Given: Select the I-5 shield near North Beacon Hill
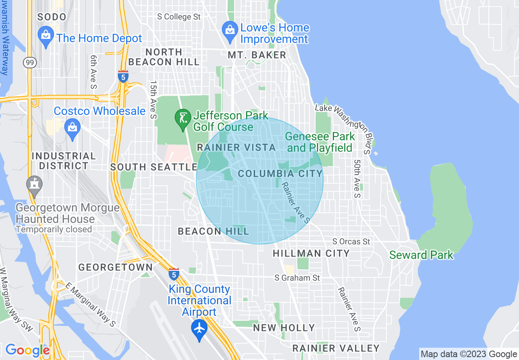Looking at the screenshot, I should [x=123, y=76].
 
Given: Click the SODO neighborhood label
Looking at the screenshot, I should [x=52, y=17].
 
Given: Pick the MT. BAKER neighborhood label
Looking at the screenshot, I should [x=257, y=55].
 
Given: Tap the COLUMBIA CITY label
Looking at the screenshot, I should [x=280, y=173].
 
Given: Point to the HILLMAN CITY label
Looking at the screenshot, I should [x=311, y=253].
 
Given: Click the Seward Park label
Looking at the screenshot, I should [x=421, y=255].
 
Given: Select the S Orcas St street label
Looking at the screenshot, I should [x=351, y=241].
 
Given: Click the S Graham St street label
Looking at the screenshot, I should [x=297, y=278].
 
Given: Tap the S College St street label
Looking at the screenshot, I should [x=180, y=17].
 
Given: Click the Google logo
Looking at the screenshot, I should [x=27, y=350].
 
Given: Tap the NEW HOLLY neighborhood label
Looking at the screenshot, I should [x=284, y=328].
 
